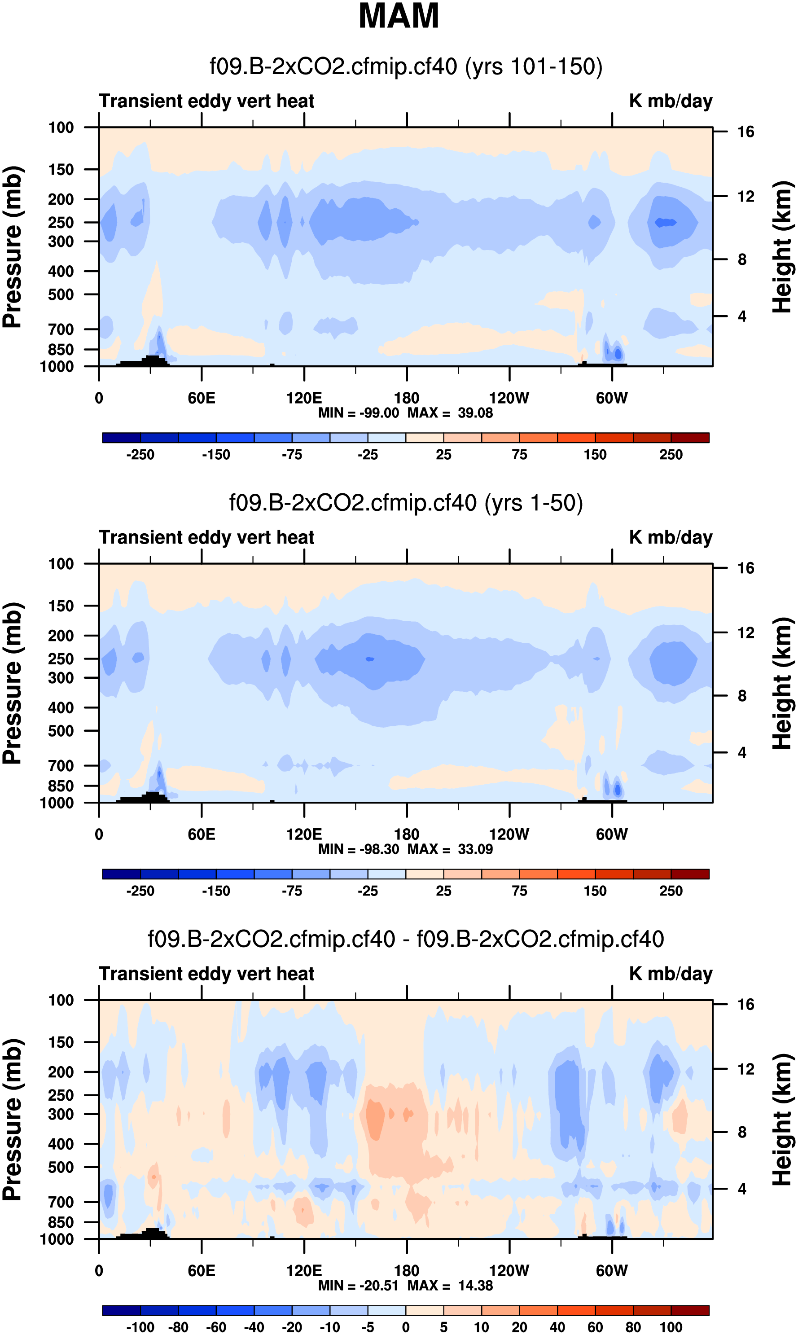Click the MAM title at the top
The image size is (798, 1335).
[399, 16]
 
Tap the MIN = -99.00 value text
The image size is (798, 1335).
[359, 413]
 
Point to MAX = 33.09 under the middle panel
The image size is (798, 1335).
[450, 849]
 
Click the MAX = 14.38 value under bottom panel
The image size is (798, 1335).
[450, 1286]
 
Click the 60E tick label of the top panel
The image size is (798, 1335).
[202, 399]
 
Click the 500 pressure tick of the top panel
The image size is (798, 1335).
[61, 294]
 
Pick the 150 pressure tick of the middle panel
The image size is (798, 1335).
[61, 606]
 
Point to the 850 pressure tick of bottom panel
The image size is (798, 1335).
[61, 1223]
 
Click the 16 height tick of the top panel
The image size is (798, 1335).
[745, 132]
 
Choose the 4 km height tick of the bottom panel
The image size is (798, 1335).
[742, 1189]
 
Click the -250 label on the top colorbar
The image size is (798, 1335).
[140, 455]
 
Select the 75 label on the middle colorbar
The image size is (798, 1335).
[519, 891]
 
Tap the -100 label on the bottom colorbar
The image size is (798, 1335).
[140, 1327]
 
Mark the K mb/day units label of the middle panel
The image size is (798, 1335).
[671, 538]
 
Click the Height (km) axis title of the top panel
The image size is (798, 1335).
[782, 247]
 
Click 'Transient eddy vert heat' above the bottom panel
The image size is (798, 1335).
[206, 974]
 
